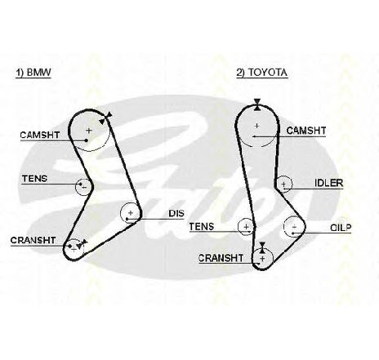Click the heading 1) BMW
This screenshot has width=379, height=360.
point(33,73)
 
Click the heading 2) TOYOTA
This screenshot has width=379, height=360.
point(261,73)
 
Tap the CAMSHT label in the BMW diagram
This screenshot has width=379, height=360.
point(40,135)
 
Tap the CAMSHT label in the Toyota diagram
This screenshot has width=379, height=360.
point(306,131)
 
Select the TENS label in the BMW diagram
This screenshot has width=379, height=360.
point(34,179)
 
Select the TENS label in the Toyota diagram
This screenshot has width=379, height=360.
point(202,227)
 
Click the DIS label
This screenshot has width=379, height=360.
point(176,213)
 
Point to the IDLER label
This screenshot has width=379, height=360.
point(328,183)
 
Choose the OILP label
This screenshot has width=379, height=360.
point(341,228)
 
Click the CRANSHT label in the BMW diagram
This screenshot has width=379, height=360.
point(33,241)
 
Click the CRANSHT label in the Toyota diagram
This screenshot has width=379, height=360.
point(221,258)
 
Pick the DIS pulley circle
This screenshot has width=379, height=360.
point(121,213)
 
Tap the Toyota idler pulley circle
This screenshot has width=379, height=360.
point(292,184)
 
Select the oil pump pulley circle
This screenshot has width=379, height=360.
point(284,227)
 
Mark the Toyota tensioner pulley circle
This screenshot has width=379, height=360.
point(239,226)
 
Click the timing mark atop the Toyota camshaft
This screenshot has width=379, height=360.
point(256,104)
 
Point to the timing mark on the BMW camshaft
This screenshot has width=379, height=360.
point(105,118)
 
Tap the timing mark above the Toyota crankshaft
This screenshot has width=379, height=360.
point(262,247)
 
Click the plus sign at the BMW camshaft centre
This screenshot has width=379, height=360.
point(89,131)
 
